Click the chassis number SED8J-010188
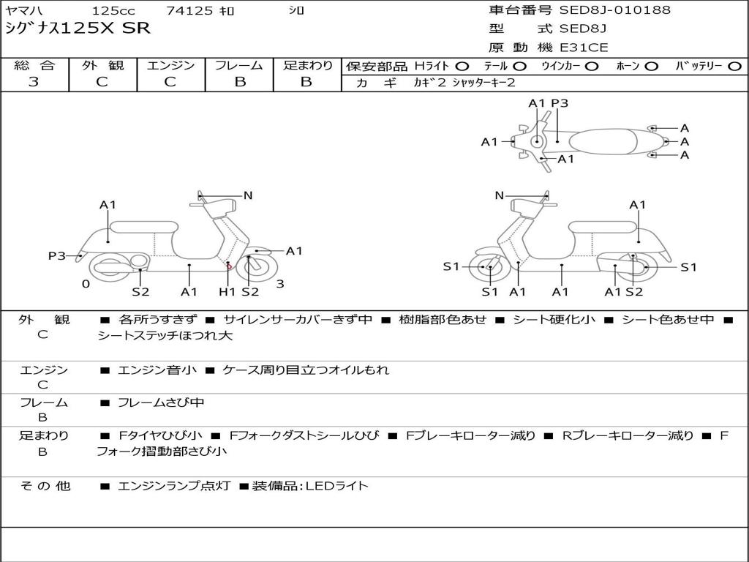pos(614,10)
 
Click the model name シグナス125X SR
pos(78,28)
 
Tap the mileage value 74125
pos(189,10)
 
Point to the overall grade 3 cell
pos(34,82)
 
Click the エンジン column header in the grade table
pos(170,66)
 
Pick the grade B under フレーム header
pos(239,82)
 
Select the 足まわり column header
pos(307,66)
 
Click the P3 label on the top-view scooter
pos(560,103)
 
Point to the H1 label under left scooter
pos(227,292)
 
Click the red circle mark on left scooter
pos(230,266)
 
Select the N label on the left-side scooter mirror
pos(248,195)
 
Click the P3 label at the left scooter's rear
pos(56,255)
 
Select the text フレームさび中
pos(161,402)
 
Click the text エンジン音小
pos(157,370)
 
